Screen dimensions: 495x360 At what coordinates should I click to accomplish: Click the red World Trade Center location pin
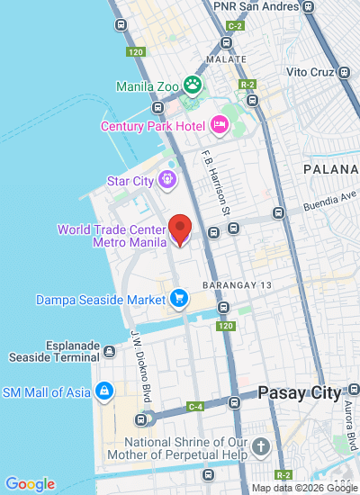pyautogui.click(x=181, y=229)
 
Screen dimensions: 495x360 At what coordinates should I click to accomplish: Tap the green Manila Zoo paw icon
pyautogui.click(x=192, y=85)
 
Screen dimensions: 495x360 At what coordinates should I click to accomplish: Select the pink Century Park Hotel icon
pyautogui.click(x=219, y=125)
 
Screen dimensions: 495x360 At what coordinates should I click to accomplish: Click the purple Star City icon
pyautogui.click(x=166, y=181)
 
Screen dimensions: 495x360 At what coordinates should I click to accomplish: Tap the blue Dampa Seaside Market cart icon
pyautogui.click(x=179, y=297)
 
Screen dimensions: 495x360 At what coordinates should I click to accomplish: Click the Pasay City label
pyautogui.click(x=299, y=393)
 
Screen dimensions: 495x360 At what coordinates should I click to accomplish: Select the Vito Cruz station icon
pyautogui.click(x=344, y=72)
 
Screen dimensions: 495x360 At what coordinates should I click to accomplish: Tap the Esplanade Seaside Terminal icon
pyautogui.click(x=109, y=350)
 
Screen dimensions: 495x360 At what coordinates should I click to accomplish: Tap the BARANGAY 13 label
pyautogui.click(x=237, y=284)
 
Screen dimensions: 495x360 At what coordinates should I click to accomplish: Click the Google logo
pyautogui.click(x=30, y=484)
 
